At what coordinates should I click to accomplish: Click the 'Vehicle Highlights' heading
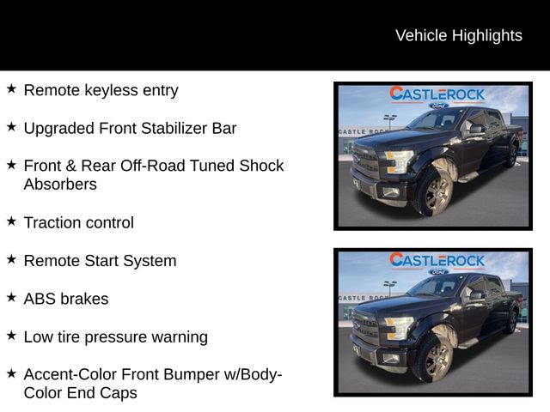(x=458, y=35)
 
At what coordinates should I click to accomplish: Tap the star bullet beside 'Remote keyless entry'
(x=11, y=88)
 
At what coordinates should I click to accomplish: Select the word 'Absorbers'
(x=60, y=184)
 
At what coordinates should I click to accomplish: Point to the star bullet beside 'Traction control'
(x=11, y=221)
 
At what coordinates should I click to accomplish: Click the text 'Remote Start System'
(x=100, y=260)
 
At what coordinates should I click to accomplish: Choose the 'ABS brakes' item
(x=66, y=299)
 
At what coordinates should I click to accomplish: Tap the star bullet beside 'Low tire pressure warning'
(x=11, y=336)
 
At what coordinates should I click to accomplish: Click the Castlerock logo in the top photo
(x=437, y=94)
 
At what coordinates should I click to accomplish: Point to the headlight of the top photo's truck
(x=398, y=161)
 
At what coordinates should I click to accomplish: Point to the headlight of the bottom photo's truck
(x=398, y=327)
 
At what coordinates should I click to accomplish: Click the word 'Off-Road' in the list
(x=144, y=166)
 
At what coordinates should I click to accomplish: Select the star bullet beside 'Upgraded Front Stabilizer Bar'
(x=11, y=127)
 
